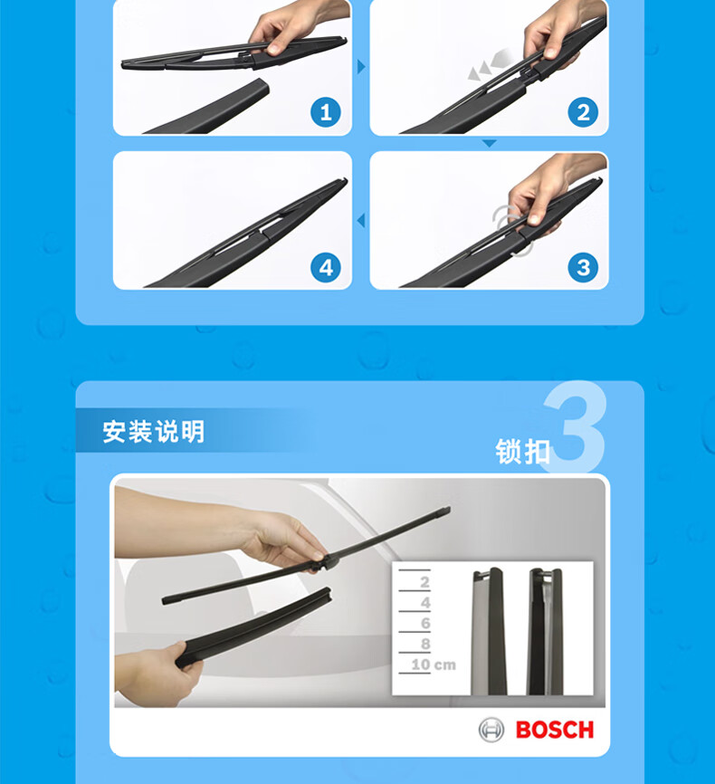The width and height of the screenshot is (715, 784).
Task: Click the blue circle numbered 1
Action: click(326, 112)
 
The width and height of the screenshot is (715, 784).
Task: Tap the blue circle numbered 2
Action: click(583, 112)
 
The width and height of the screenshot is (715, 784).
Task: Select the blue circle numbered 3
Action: click(583, 267)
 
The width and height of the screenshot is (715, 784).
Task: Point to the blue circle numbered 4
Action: click(326, 267)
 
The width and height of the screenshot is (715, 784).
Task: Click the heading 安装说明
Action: click(154, 432)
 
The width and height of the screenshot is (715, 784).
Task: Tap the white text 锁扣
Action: click(523, 451)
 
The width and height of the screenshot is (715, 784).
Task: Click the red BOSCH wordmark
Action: click(555, 730)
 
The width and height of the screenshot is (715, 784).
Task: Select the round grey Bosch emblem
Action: click(491, 730)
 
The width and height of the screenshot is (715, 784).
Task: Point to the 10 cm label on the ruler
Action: click(434, 664)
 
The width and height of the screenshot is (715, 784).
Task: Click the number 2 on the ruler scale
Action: click(425, 582)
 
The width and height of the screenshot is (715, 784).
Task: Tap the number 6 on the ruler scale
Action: click(425, 624)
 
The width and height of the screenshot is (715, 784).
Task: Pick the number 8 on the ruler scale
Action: click(425, 644)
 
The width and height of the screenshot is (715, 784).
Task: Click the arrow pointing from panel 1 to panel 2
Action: click(361, 66)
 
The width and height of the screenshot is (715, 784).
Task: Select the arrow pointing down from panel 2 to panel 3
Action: click(490, 144)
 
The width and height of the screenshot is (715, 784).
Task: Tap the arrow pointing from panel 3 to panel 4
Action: click(360, 221)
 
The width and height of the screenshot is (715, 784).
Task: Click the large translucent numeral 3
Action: click(575, 426)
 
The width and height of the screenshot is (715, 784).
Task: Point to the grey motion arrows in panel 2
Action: click(491, 64)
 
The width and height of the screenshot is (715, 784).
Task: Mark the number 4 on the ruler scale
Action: click(425, 603)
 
